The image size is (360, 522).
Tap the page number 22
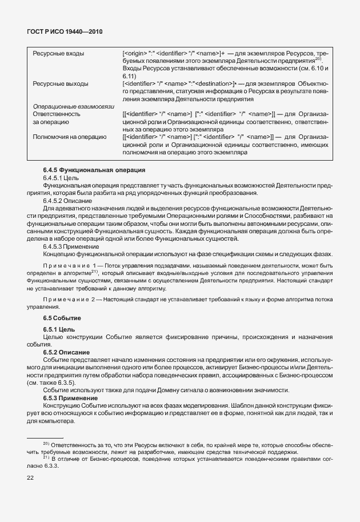[30, 478]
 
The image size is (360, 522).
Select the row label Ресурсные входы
[59, 54]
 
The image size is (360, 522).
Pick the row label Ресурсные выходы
[61, 83]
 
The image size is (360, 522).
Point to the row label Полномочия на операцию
[70, 137]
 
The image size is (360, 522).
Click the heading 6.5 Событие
[62, 317]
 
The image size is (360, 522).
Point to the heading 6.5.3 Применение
[70, 397]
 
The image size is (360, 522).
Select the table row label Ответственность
[57, 114]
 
